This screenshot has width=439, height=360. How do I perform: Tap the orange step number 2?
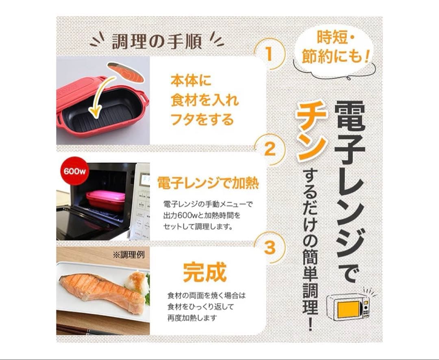coord(269,150)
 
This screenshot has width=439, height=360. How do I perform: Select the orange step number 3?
coord(269,247)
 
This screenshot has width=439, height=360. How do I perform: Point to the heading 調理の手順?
coord(157,41)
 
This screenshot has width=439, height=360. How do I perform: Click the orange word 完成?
coord(204,272)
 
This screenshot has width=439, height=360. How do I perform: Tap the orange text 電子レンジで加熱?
coord(208,183)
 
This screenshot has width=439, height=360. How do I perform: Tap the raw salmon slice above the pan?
coord(126,72)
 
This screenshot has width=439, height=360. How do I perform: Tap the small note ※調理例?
coord(128,255)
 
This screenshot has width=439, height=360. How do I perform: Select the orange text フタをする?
coord(202,120)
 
